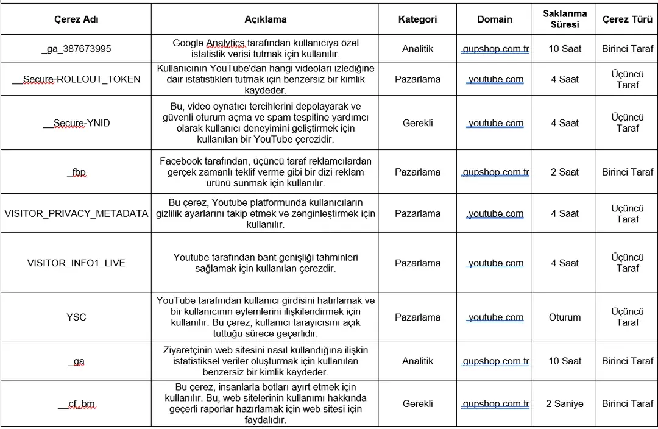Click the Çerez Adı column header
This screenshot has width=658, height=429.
[76, 19]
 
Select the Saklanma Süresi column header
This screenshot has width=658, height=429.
[565, 19]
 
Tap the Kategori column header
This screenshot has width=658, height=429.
[417, 19]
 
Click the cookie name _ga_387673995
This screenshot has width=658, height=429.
[76, 49]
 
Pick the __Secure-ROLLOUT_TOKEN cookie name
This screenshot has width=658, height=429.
[76, 79]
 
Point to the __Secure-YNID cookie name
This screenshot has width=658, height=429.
[76, 123]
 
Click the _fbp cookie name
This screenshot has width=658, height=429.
[76, 172]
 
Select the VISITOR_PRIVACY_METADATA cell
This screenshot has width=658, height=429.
[76, 214]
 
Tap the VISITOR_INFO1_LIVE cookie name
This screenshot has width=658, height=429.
[76, 263]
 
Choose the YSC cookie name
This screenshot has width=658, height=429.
[76, 317]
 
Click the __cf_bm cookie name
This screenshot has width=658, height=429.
[76, 404]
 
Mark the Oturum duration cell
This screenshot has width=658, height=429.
[565, 317]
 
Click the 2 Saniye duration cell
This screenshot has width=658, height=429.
[565, 404]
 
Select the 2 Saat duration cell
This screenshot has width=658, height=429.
[565, 172]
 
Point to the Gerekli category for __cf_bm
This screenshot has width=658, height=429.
[417, 404]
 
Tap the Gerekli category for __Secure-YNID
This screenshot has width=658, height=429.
[417, 123]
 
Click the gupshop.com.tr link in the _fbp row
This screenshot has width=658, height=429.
[495, 172]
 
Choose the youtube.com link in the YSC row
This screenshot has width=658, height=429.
[495, 317]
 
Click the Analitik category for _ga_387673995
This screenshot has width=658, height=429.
[417, 49]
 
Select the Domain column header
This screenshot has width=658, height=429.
[495, 19]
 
